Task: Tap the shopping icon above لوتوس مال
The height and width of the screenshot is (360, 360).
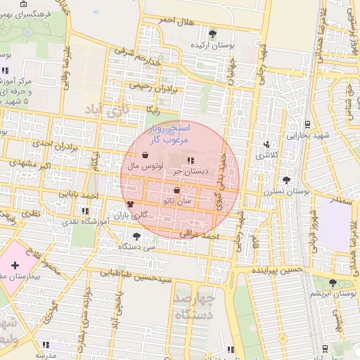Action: [145, 155]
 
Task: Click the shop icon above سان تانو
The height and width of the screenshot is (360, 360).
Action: [176, 190]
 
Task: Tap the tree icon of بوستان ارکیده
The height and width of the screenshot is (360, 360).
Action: [213, 33]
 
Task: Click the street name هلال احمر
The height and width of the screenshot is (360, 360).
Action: [175, 21]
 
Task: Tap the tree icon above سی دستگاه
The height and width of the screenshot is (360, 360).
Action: [136, 236]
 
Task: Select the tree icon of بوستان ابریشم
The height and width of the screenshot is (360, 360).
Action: [333, 282]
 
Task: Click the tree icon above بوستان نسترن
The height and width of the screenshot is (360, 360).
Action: [285, 180]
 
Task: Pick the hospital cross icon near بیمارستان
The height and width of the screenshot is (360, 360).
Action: [15, 265]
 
